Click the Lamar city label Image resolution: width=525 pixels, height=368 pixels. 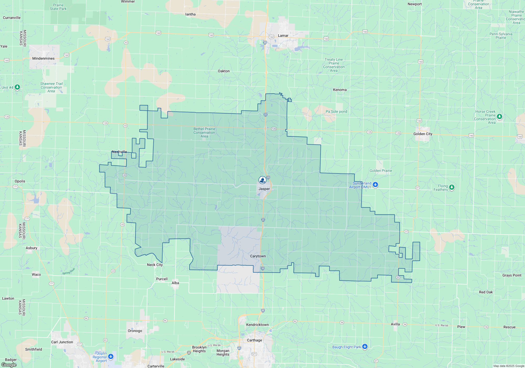pyautogui.click(x=283, y=35)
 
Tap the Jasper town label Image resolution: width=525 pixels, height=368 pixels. pyautogui.click(x=264, y=189)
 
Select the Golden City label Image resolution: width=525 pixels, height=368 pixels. pyautogui.click(x=423, y=134)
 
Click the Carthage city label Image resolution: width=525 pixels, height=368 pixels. pyautogui.click(x=254, y=340)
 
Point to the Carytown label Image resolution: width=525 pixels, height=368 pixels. pyautogui.click(x=258, y=256)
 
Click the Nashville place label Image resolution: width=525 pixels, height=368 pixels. pyautogui.click(x=119, y=152)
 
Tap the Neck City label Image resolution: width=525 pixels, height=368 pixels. pyautogui.click(x=155, y=265)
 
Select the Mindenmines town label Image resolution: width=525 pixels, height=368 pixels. pyautogui.click(x=43, y=58)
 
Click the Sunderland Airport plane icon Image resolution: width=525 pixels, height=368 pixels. pyautogui.click(x=375, y=185)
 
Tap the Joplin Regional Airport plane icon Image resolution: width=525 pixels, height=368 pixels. pyautogui.click(x=111, y=357)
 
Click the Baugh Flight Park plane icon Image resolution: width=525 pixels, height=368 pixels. pyautogui.click(x=365, y=347)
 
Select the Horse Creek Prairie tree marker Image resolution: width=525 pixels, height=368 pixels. pyautogui.click(x=499, y=116)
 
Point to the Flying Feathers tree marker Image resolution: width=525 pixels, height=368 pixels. pyautogui.click(x=451, y=187)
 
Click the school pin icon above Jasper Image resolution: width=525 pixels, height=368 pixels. pyautogui.click(x=262, y=180)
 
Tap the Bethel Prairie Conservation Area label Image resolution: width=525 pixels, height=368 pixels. pyautogui.click(x=204, y=132)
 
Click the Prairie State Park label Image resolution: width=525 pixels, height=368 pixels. pyautogui.click(x=58, y=7)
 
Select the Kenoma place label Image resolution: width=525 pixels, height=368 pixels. pyautogui.click(x=340, y=90)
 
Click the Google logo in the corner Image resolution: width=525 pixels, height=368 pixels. pyautogui.click(x=9, y=365)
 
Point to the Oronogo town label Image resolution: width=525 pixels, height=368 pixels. pyautogui.click(x=135, y=331)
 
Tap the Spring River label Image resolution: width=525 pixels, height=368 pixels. pyautogui.click(x=69, y=271)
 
